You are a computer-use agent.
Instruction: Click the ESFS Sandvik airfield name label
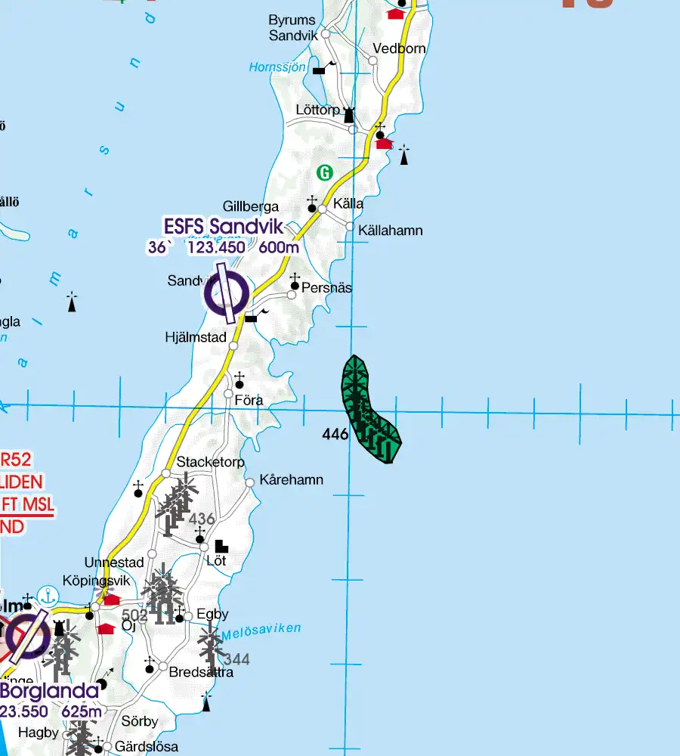(x=223, y=226)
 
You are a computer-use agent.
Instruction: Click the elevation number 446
(x=335, y=434)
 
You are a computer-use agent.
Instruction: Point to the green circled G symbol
(x=325, y=173)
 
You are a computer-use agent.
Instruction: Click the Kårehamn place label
(x=291, y=480)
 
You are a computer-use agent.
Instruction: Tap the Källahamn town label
(x=390, y=231)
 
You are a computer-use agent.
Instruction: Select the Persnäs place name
(x=326, y=288)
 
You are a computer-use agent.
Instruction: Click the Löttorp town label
(x=317, y=110)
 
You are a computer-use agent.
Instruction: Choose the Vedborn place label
(x=399, y=48)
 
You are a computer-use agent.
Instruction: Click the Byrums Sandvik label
(x=294, y=27)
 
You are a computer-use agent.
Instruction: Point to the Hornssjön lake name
(x=277, y=67)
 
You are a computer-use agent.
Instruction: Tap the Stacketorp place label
(x=211, y=462)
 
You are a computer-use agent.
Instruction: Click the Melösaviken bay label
(x=261, y=631)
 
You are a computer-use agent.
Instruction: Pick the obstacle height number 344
(x=236, y=659)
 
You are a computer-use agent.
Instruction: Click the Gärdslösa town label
(x=147, y=747)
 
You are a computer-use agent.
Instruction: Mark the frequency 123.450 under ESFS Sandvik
(x=216, y=247)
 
